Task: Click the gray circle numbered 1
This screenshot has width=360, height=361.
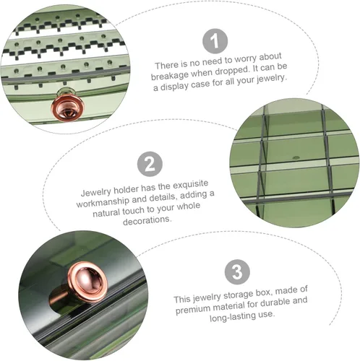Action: click(x=215, y=41)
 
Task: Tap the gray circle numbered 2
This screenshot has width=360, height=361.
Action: click(x=150, y=164)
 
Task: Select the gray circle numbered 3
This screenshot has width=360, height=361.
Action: click(x=237, y=271)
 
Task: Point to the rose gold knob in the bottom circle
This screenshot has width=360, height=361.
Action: click(x=85, y=283)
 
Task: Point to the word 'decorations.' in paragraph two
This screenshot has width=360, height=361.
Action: click(x=147, y=220)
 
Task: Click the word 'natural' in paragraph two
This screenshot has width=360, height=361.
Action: click(x=106, y=212)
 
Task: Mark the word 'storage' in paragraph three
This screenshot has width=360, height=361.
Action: click(x=239, y=295)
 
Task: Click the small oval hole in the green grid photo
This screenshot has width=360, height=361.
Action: click(x=296, y=158)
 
